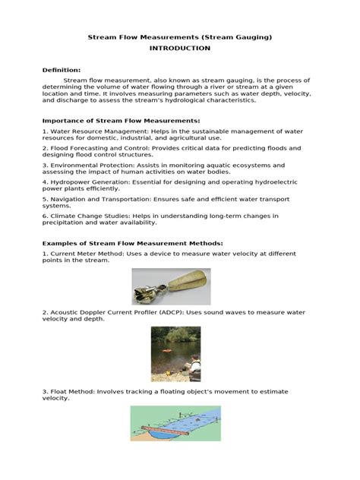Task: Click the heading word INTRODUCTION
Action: [x=180, y=48]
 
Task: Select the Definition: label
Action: [x=62, y=70]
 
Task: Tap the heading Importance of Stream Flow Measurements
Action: [x=122, y=120]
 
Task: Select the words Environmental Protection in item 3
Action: [x=90, y=165]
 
